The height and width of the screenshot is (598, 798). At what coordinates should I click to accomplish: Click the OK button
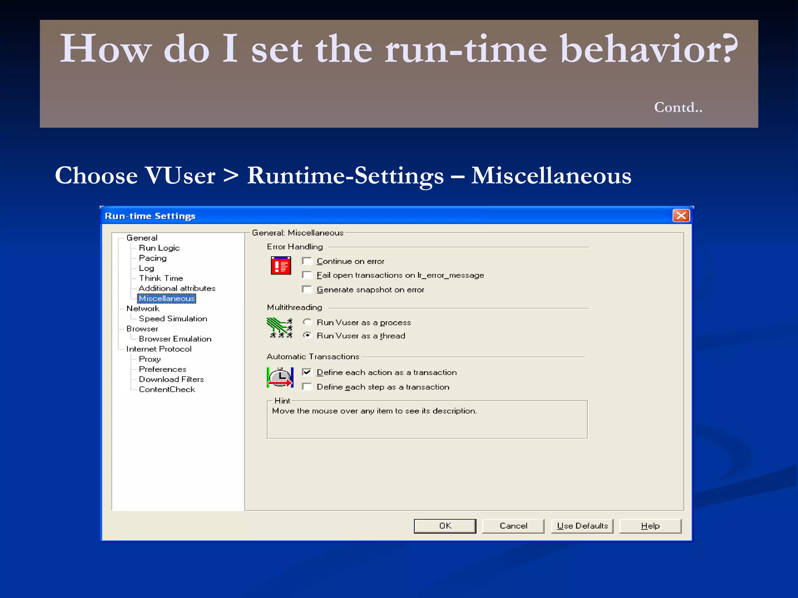(445, 526)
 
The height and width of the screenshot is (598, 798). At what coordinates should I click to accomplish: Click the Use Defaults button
(582, 526)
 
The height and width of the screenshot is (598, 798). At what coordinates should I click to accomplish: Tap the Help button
(650, 526)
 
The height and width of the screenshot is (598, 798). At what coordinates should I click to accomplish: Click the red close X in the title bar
(681, 216)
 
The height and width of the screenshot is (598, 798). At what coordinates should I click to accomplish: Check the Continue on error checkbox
(307, 261)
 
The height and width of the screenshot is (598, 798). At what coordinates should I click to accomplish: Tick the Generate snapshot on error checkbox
(307, 290)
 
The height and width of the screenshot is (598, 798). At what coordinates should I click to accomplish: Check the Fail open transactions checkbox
(307, 275)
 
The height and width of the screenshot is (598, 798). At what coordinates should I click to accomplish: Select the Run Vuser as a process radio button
(307, 322)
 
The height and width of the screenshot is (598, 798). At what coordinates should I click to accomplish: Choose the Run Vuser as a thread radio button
(307, 336)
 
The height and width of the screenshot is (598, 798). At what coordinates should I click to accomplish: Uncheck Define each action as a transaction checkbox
(307, 372)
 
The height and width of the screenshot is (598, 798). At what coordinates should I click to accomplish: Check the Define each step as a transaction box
(307, 387)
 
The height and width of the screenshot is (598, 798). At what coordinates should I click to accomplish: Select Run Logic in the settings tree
(159, 248)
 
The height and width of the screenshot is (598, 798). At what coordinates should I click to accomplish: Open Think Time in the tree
(161, 278)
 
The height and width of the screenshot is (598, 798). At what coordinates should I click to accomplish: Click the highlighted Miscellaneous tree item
(167, 299)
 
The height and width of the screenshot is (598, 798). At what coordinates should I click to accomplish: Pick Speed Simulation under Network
(173, 319)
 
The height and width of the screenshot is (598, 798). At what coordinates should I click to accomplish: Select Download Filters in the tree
(171, 380)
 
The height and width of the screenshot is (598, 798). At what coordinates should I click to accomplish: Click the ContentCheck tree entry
(167, 390)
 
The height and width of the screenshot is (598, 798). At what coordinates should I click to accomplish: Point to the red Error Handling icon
(281, 266)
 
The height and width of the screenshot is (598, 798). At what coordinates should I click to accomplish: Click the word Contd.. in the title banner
(678, 107)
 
